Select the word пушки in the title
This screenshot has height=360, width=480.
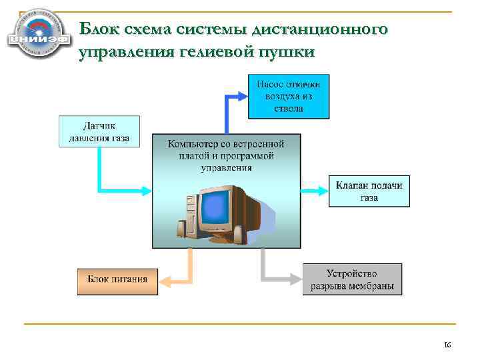tap(287, 52)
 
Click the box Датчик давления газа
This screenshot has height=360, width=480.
tap(99, 131)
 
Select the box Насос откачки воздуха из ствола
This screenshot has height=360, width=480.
tap(288, 96)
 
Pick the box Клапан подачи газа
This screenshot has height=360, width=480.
tap(369, 191)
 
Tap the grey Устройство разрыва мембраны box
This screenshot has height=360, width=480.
tap(352, 279)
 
